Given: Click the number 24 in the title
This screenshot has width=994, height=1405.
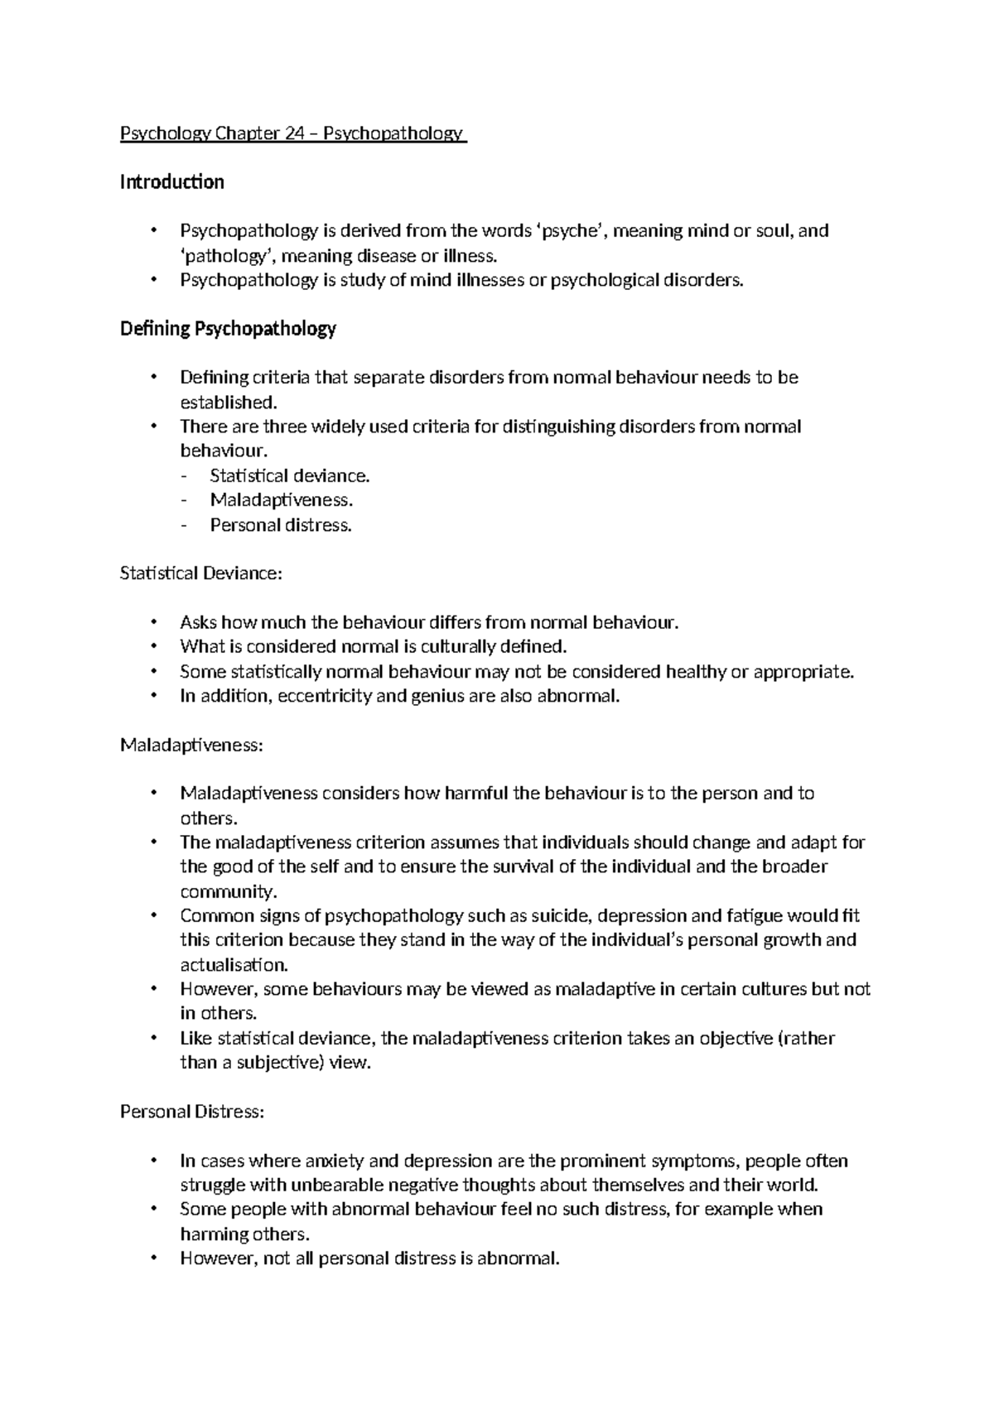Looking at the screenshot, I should (294, 133).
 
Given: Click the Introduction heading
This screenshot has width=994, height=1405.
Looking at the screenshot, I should (172, 181).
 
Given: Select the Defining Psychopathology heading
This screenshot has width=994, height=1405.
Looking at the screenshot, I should (228, 329).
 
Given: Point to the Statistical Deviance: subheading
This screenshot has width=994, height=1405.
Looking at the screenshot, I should (201, 573).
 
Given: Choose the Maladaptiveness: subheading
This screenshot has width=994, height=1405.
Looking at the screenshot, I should (191, 745).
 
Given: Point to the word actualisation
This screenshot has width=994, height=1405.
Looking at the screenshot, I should (234, 965).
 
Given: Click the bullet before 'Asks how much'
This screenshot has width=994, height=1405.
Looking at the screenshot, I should (153, 622).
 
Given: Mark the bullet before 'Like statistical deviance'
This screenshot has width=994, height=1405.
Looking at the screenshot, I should (153, 1039).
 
